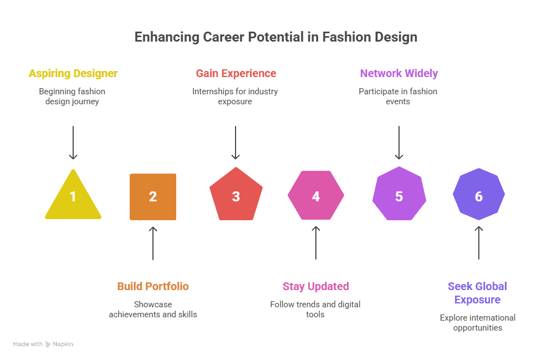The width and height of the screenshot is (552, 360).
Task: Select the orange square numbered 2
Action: pyautogui.click(x=153, y=196)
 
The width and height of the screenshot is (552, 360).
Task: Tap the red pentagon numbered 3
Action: pyautogui.click(x=236, y=195)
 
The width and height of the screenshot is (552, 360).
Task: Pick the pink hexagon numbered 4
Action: pyautogui.click(x=316, y=195)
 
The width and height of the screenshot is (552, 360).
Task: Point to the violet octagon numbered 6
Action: pyautogui.click(x=479, y=194)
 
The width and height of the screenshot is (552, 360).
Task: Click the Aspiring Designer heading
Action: pyautogui.click(x=73, y=73)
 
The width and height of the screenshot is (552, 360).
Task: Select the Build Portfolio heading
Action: pyautogui.click(x=153, y=286)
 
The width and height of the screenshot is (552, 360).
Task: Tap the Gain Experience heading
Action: pyautogui.click(x=236, y=73)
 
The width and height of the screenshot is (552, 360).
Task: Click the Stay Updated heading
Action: pyautogui.click(x=316, y=286)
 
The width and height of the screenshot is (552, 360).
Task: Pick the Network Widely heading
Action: pyautogui.click(x=399, y=73)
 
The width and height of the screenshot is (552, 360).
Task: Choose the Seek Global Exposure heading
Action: pyautogui.click(x=477, y=293)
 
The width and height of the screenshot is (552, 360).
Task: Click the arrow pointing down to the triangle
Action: pyautogui.click(x=73, y=143)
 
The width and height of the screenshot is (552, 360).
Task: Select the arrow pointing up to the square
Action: pyautogui.click(x=153, y=244)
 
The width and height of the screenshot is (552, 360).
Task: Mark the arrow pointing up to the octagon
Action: pyautogui.click(x=479, y=243)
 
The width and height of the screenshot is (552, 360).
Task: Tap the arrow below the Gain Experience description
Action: pyautogui.click(x=236, y=143)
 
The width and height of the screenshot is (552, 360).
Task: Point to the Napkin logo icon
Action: pyautogui.click(x=48, y=344)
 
